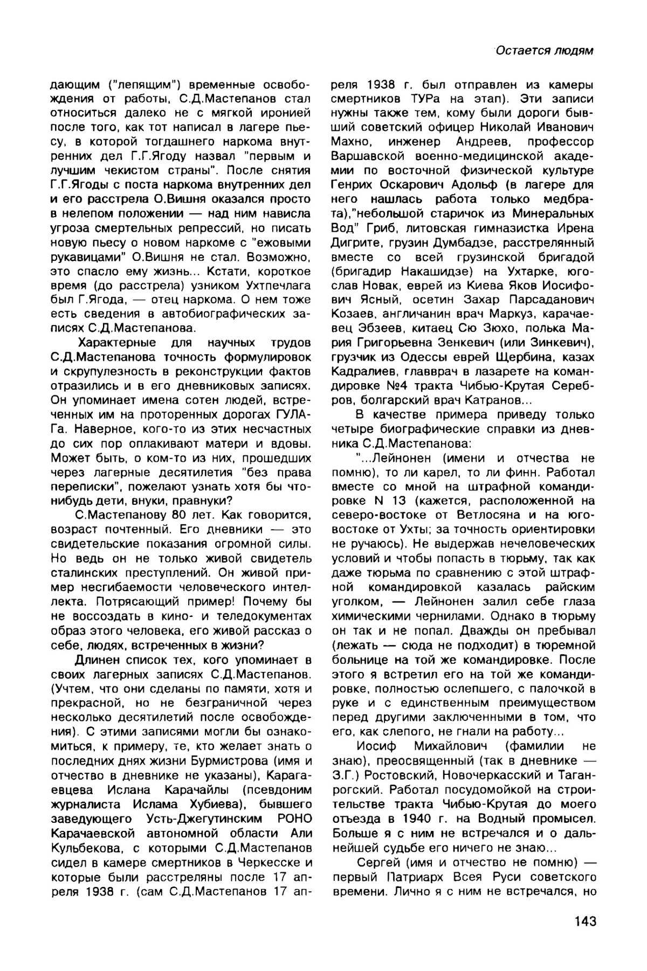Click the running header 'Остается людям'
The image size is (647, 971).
(x=545, y=51)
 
